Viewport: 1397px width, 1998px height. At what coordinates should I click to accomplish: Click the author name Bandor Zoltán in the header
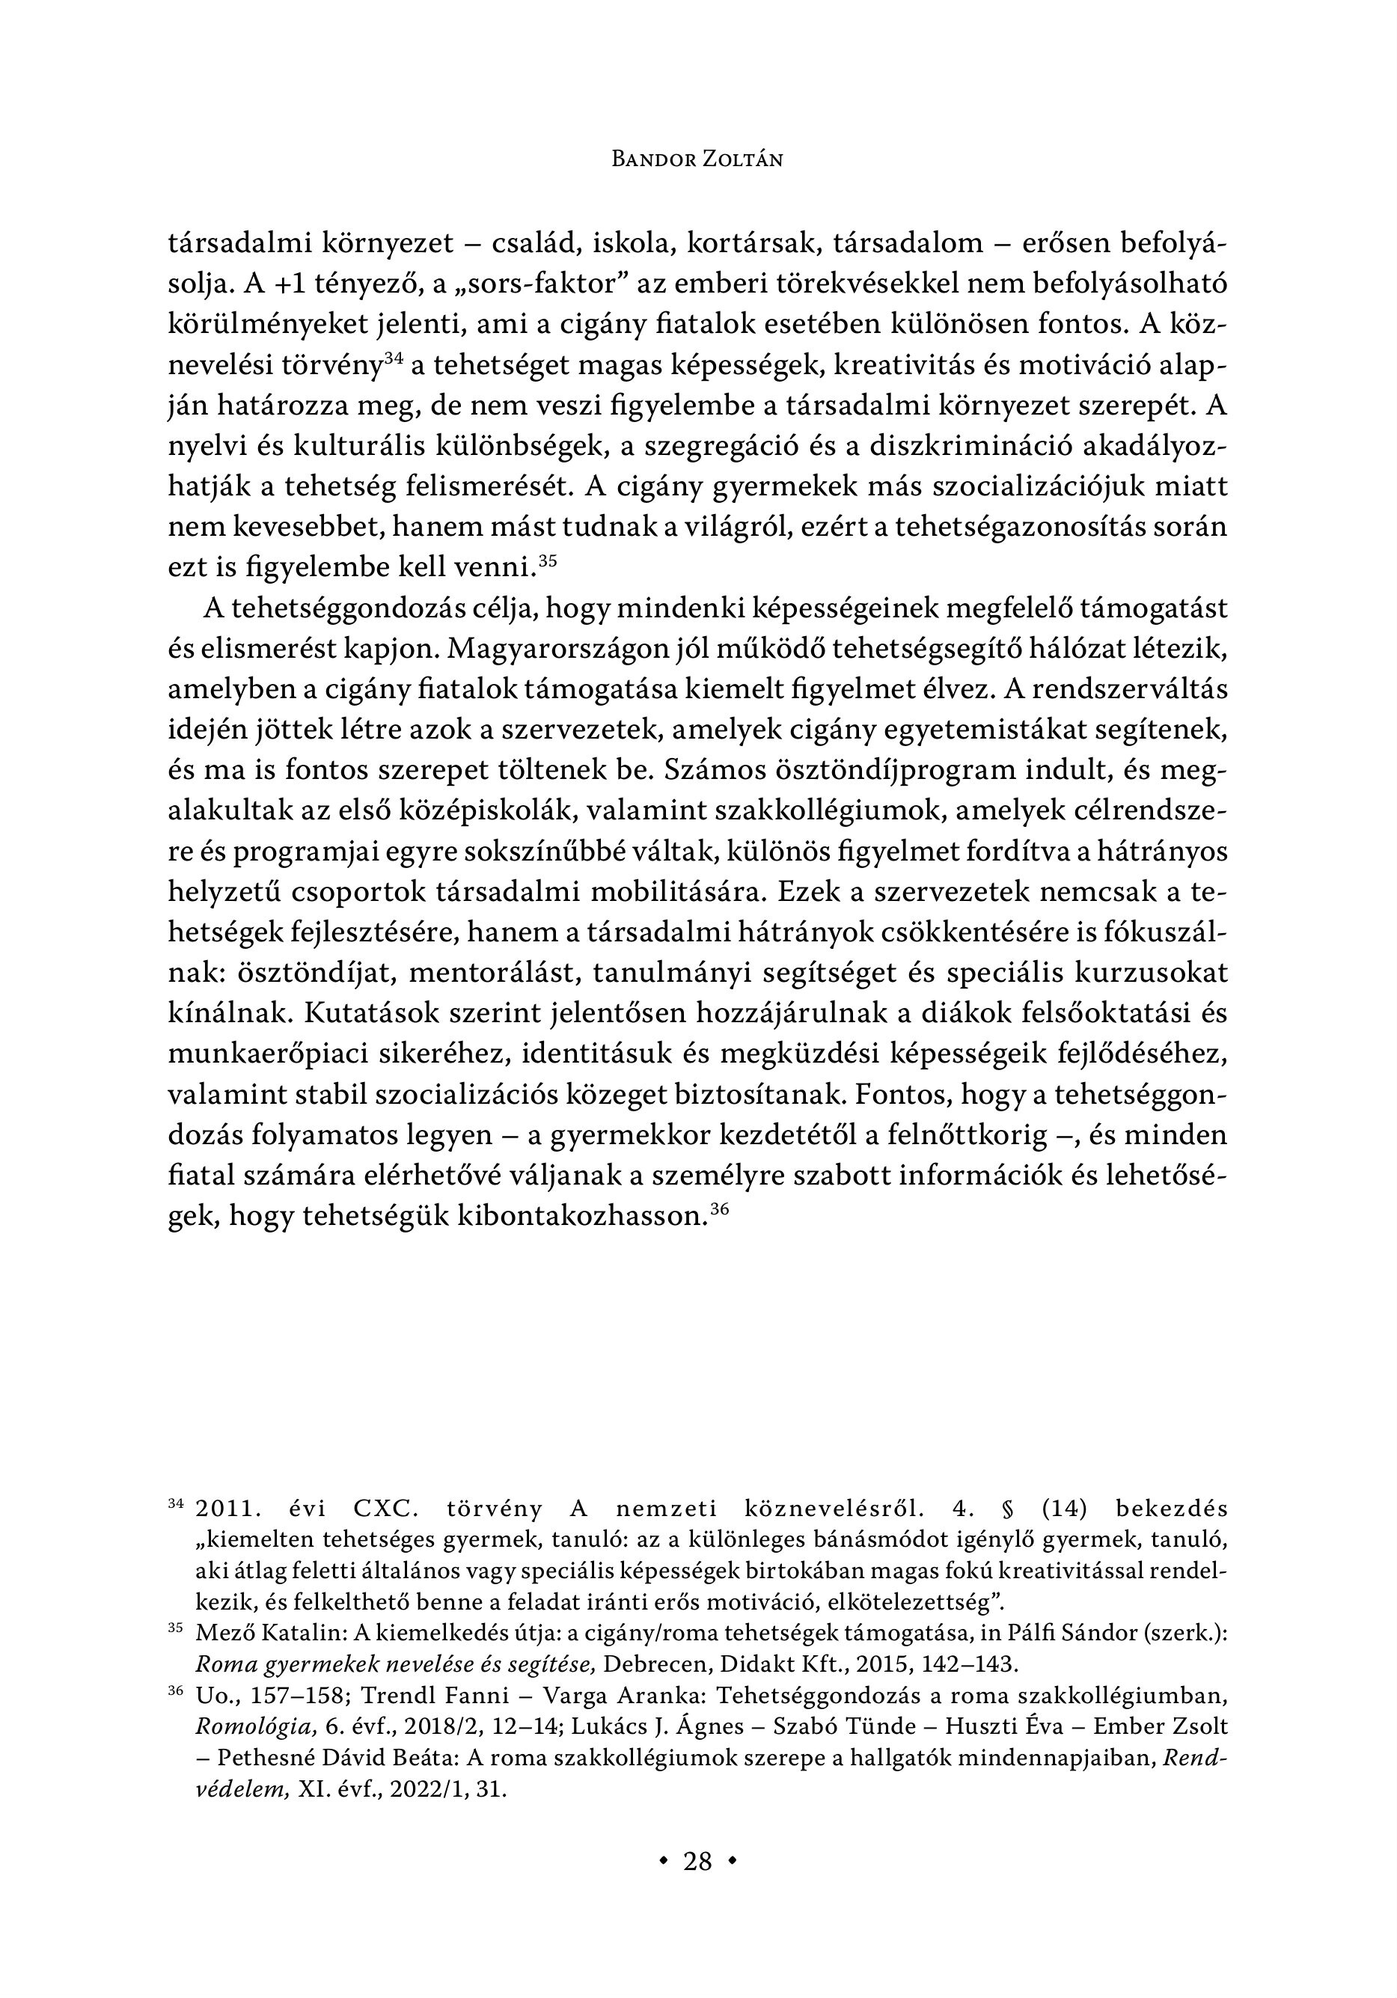697,159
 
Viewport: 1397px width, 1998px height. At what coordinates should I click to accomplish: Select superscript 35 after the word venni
548,560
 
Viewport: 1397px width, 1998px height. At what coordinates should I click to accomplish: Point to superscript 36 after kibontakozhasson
719,1209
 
